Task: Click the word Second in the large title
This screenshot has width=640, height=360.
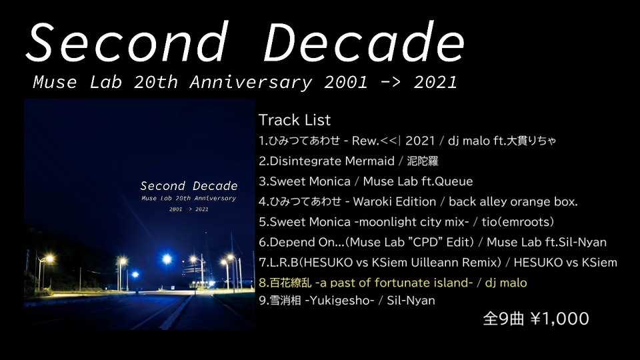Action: point(127,42)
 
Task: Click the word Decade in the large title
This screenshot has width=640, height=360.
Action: point(364,42)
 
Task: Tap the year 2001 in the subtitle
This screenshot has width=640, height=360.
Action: point(346,82)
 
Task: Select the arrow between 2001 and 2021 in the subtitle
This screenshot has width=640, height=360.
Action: point(390,83)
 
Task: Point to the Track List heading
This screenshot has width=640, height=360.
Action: point(294,120)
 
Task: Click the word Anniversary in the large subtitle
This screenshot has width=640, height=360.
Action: point(251,83)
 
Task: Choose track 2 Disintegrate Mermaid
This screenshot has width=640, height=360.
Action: point(327,161)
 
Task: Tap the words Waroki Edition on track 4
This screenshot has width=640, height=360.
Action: point(394,201)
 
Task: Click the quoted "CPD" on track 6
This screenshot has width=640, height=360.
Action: point(421,242)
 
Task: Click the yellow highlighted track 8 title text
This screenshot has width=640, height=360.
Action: point(366,283)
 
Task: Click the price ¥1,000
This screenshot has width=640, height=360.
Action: point(559,319)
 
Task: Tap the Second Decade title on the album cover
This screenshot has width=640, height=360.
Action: point(189,186)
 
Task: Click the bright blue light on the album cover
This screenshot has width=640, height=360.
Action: point(167,259)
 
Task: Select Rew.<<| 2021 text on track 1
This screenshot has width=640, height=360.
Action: point(393,141)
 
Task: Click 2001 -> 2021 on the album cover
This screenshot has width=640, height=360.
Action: point(189,209)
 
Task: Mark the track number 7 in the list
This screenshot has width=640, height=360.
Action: point(263,263)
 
